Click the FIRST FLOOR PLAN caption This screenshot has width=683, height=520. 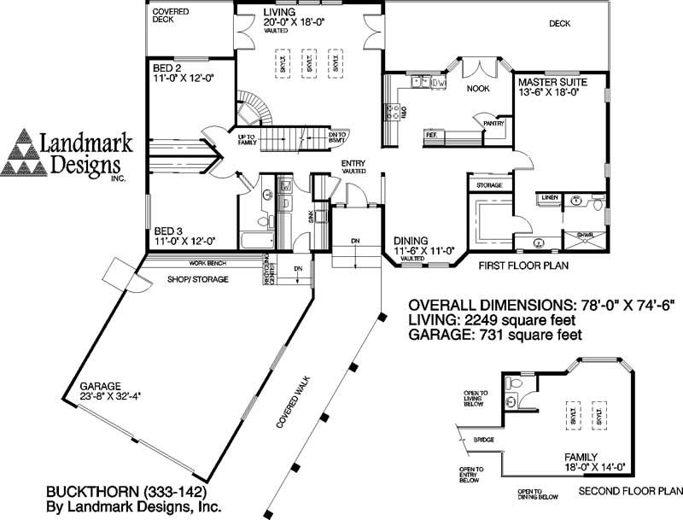pyautogui.click(x=522, y=266)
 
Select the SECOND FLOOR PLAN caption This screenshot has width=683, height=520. pyautogui.click(x=630, y=493)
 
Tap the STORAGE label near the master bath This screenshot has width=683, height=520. pyautogui.click(x=489, y=185)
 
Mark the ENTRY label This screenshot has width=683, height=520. pyautogui.click(x=353, y=163)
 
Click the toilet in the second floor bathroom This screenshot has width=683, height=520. pyautogui.click(x=512, y=384)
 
